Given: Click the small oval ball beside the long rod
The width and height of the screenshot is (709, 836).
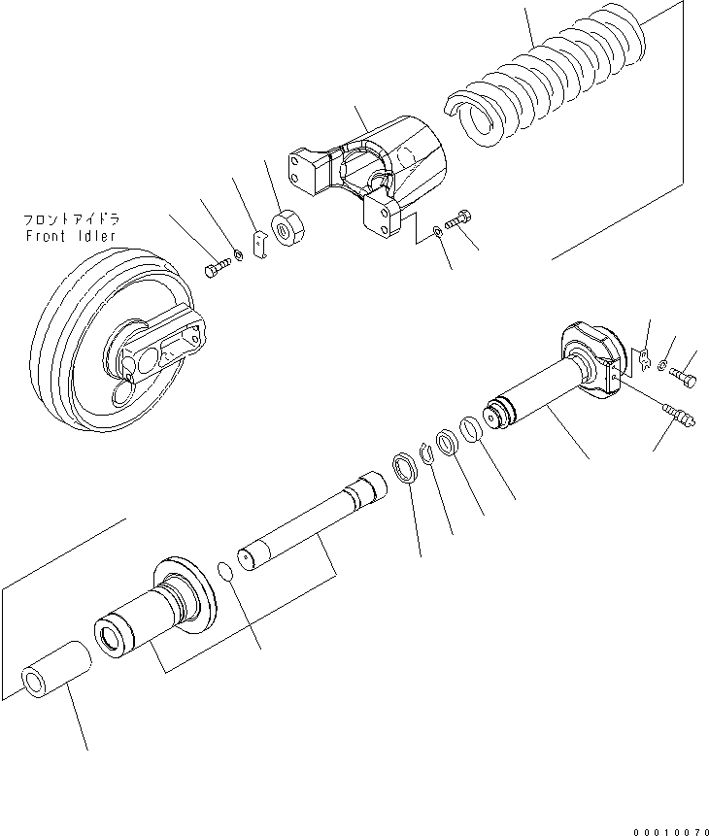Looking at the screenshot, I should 224,571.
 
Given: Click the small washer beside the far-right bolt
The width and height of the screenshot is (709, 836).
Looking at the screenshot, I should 661,365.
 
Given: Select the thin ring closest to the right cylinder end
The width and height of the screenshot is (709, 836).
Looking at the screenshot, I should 469,428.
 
